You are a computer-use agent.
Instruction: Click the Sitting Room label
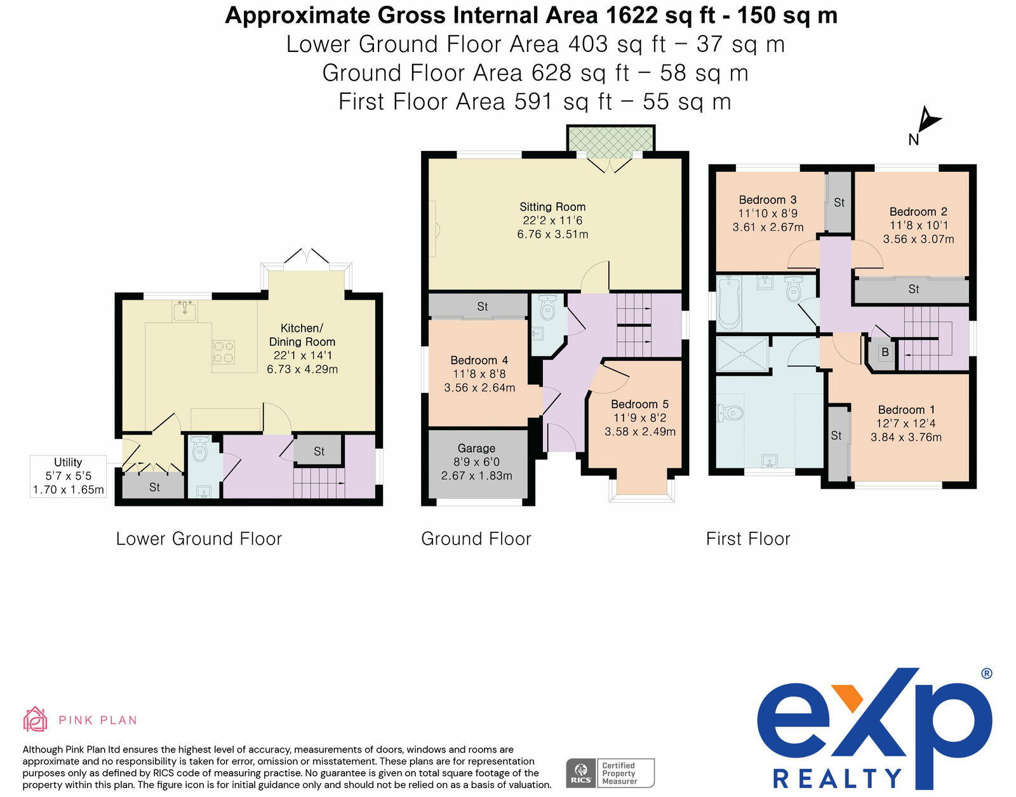tap(552, 206)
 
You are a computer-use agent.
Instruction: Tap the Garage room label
tap(476, 448)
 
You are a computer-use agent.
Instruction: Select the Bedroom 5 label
tap(639, 404)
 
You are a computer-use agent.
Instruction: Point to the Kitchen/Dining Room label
tap(302, 334)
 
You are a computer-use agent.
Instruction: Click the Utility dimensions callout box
tap(68, 477)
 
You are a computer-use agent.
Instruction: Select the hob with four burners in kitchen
tap(224, 352)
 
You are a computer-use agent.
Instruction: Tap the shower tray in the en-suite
tap(742, 353)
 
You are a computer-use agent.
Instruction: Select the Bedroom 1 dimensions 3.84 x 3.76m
tap(906, 437)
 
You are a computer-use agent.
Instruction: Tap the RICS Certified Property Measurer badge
tap(610, 773)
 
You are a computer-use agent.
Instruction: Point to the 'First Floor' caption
tap(748, 539)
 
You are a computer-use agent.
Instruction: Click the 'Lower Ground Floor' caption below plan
tap(199, 539)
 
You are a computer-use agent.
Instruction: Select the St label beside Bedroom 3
tap(839, 202)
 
